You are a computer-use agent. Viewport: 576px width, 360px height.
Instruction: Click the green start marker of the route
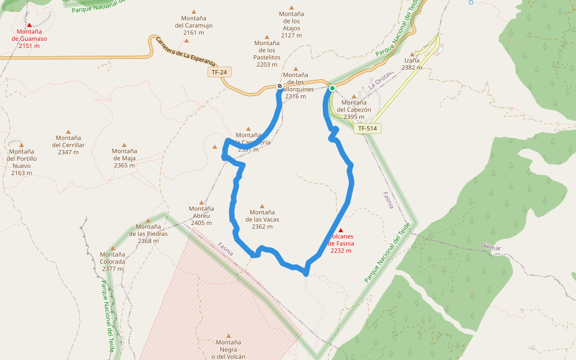point(332,89)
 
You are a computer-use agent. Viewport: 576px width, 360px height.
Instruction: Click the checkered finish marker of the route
point(280,86)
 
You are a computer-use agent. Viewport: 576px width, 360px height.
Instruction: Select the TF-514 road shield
point(369,128)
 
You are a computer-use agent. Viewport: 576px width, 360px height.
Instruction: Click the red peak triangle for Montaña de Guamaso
point(29,25)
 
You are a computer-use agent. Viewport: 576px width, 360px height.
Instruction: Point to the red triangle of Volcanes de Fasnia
point(341,230)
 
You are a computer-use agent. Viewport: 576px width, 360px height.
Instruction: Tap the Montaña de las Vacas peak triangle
point(262,206)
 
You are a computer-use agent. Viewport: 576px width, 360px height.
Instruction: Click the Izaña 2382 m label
point(412,64)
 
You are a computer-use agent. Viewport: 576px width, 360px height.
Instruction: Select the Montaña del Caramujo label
point(193,25)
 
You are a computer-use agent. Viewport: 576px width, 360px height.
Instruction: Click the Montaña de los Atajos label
point(292,25)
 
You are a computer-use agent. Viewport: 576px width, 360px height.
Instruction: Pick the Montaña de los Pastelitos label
point(266,53)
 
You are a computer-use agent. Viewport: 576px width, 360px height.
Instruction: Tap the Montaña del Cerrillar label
point(68,145)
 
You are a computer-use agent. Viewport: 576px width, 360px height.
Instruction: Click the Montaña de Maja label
point(124,158)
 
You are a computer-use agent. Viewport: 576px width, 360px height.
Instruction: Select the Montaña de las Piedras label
point(148,233)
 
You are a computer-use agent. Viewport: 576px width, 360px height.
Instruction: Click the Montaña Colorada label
point(113,262)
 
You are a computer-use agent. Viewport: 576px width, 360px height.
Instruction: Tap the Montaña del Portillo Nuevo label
point(22,162)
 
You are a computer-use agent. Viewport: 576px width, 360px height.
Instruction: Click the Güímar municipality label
point(490,246)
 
